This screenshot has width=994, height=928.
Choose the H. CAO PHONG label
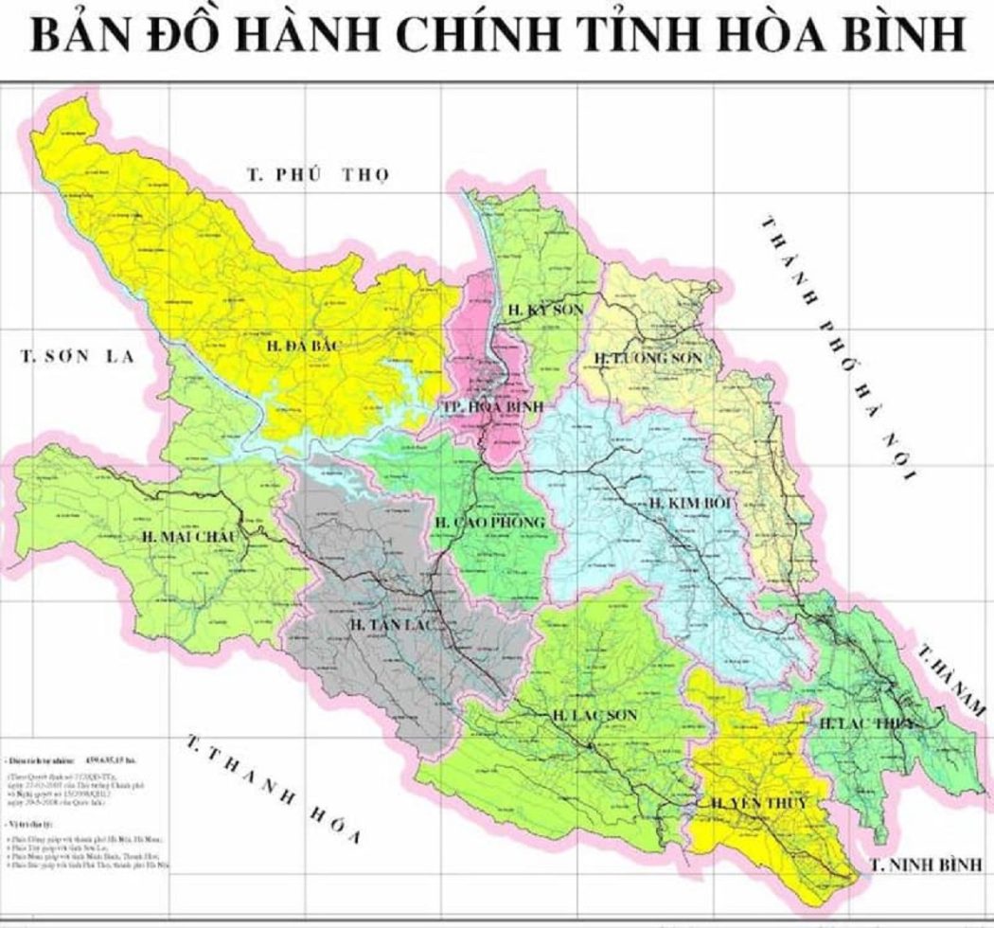click(489, 523)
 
